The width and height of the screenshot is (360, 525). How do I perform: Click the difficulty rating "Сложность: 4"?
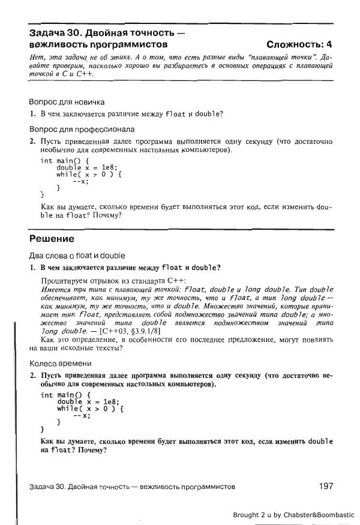(x=299, y=44)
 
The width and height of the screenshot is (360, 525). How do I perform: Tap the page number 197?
(x=323, y=486)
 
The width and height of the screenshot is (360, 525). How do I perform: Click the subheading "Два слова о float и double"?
(x=77, y=255)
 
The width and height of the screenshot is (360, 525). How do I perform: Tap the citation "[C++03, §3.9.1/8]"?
(x=127, y=331)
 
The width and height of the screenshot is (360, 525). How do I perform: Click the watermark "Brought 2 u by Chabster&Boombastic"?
(x=293, y=514)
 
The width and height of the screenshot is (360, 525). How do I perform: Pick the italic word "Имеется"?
(x=55, y=289)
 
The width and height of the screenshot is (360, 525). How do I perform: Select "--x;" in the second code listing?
(x=81, y=415)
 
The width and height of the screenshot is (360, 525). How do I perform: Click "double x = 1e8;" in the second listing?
(x=88, y=401)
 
